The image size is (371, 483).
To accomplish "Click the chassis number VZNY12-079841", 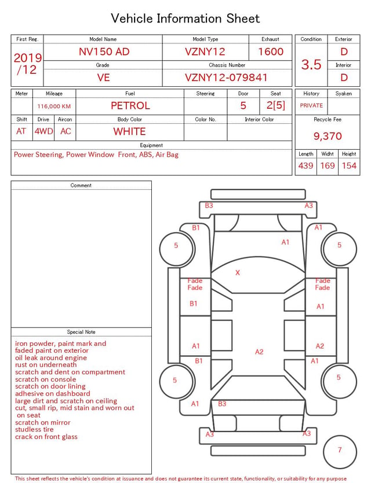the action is point(226,78).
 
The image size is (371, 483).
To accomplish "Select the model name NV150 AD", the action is point(104,51).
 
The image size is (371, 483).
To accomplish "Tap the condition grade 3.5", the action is point(311,64).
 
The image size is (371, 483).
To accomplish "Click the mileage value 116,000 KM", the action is point(54,106).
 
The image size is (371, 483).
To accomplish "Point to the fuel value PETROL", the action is point(130,106).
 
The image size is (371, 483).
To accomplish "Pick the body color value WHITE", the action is point(129,131).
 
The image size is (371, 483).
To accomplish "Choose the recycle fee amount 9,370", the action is point(328,136).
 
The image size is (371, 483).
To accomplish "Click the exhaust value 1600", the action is point(271,51).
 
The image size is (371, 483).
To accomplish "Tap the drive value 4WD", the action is point(43,131).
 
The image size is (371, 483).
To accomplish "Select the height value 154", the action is point(349,165).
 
